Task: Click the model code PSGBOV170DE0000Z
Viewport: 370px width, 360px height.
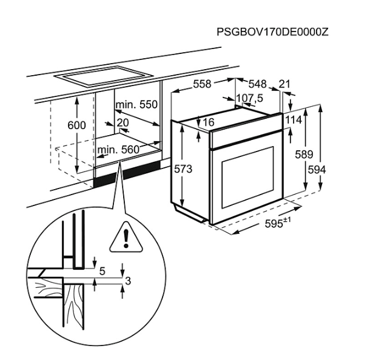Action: pos(272,32)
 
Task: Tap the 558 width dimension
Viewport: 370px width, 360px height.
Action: pos(202,84)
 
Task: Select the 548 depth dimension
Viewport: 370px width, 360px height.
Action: pos(258,84)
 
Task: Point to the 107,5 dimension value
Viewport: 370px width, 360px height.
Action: pos(249,98)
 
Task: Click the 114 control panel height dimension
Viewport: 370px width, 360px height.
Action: pos(294,120)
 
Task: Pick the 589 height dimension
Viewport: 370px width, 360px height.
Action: pos(304,155)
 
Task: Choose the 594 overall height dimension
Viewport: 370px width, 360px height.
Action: pos(317,170)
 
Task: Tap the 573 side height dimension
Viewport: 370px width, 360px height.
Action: pos(183,169)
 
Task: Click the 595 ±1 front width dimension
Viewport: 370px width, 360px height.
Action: pos(278,223)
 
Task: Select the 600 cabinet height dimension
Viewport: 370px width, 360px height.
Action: pos(76,125)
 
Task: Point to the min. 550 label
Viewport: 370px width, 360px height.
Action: pos(136,104)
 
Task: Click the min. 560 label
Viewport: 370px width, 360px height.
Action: pos(118,150)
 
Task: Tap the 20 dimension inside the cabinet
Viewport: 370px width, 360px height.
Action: pos(123,122)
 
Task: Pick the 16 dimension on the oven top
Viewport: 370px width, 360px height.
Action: pos(209,122)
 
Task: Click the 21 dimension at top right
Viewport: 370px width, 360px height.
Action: pos(284,84)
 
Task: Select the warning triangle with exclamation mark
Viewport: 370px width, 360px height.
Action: pos(126,238)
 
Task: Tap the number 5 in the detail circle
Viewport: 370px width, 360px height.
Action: pos(102,272)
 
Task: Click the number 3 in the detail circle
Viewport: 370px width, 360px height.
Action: pos(127,281)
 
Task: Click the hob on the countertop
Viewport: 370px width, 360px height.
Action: pos(104,76)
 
